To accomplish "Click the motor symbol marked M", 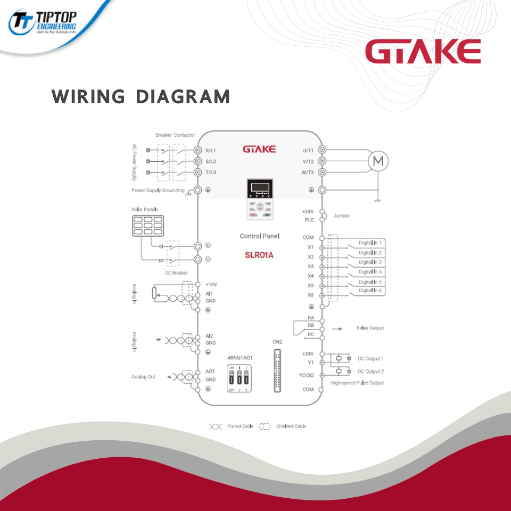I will tap(379, 161).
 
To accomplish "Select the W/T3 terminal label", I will tap(307, 172).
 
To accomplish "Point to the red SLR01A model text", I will tap(259, 254).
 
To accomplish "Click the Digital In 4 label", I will tap(370, 271).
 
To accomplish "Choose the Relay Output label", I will tap(370, 328).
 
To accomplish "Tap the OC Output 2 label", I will tap(370, 372).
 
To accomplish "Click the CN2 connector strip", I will tap(277, 370).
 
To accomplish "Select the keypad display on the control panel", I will tap(259, 188).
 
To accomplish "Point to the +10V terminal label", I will tap(211, 285).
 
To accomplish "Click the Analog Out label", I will tap(144, 377).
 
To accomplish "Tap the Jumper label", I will tap(342, 216).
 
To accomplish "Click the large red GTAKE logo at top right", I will tap(423, 53).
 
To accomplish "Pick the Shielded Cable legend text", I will tap(291, 426).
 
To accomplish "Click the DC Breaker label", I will tap(176, 273).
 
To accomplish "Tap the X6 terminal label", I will tap(310, 295).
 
